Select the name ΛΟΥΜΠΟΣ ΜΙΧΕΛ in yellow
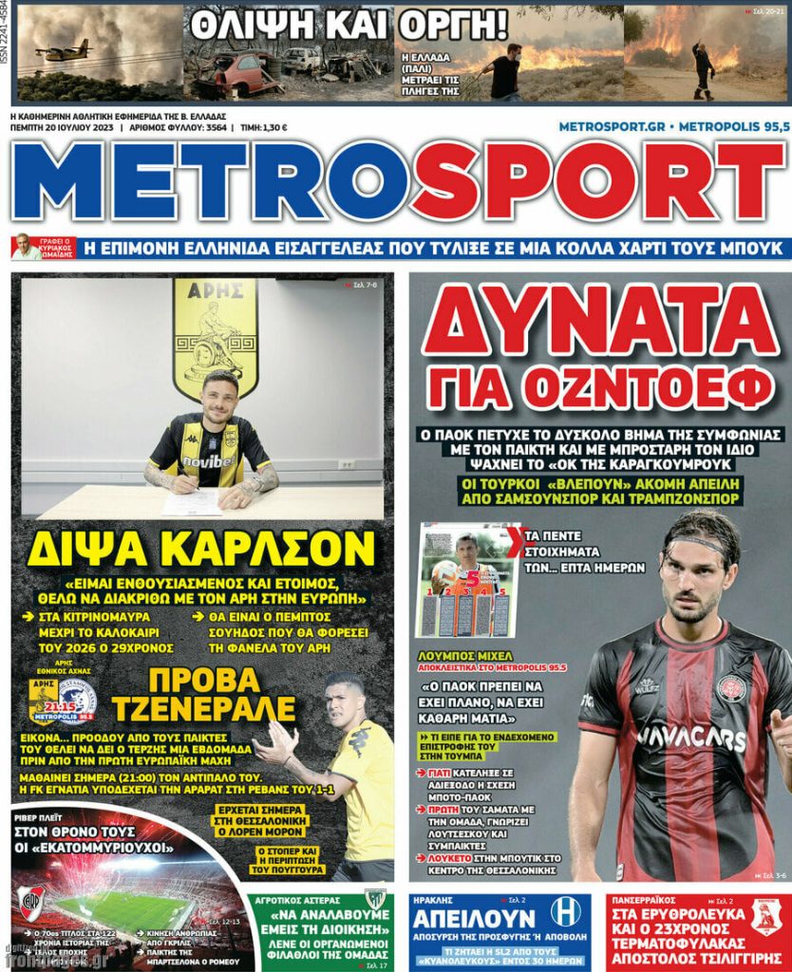(465, 656)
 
